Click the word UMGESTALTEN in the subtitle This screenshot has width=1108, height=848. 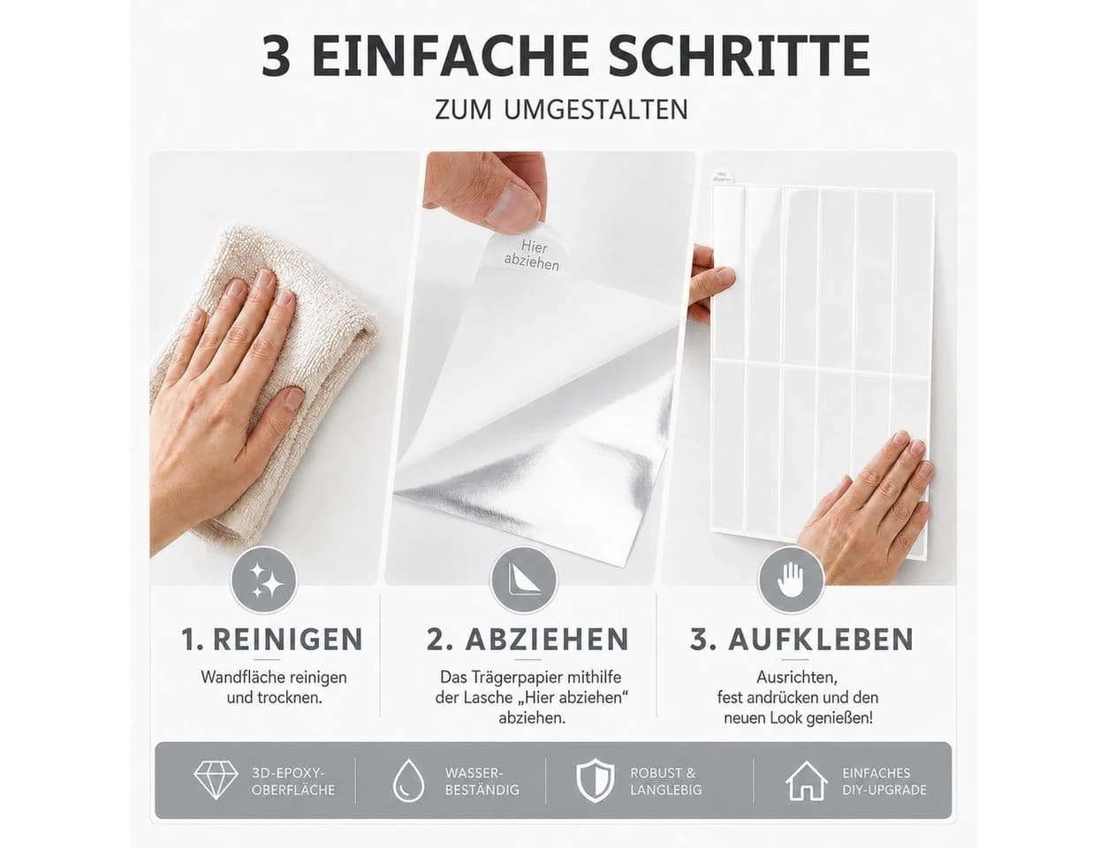(596, 110)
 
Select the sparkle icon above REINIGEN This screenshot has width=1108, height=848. (263, 580)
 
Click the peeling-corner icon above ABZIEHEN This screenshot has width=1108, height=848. (524, 580)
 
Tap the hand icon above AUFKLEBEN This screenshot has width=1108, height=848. (790, 580)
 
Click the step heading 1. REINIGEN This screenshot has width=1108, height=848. (272, 640)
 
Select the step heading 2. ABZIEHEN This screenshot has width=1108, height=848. (527, 640)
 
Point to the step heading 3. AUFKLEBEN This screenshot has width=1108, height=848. (801, 640)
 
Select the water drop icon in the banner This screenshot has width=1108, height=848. (408, 781)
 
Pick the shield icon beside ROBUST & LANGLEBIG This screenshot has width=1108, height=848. (595, 781)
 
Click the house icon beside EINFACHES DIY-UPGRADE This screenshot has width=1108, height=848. (807, 781)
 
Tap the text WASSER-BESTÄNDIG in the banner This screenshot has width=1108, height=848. (482, 782)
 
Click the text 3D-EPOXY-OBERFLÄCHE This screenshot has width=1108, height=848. (293, 782)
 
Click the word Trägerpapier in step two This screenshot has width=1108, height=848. (515, 678)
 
